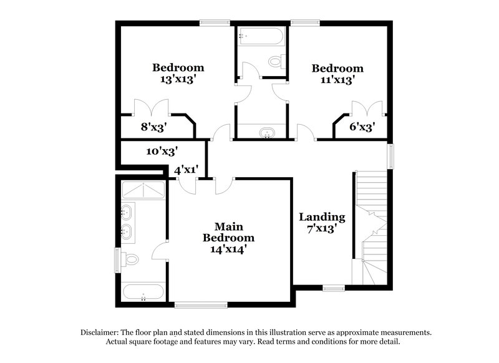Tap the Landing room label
(x=322, y=217)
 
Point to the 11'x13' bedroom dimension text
(x=337, y=79)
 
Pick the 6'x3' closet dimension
(x=362, y=127)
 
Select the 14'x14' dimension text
(x=228, y=249)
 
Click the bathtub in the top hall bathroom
(x=261, y=36)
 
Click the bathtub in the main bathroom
(x=143, y=292)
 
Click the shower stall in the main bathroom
(x=143, y=190)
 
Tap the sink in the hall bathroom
(x=267, y=132)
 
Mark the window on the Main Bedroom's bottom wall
(x=201, y=305)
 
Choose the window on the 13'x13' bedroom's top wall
(x=215, y=24)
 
